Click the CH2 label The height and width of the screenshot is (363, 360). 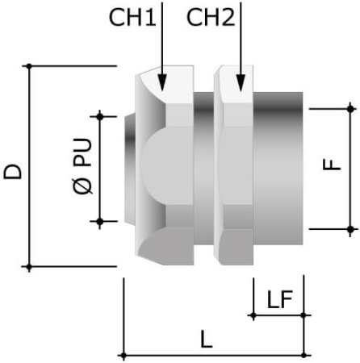pyautogui.click(x=211, y=17)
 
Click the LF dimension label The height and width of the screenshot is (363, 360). pyautogui.click(x=279, y=300)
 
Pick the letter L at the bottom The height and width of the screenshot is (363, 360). pyautogui.click(x=207, y=340)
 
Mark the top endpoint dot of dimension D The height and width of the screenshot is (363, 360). pyautogui.click(x=30, y=65)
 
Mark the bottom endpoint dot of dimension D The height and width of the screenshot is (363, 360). pyautogui.click(x=30, y=266)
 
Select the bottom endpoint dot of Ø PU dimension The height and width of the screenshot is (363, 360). pyautogui.click(x=100, y=219)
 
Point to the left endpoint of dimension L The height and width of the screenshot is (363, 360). pyautogui.click(x=123, y=355)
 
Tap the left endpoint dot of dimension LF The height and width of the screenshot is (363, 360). pyautogui.click(x=253, y=315)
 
